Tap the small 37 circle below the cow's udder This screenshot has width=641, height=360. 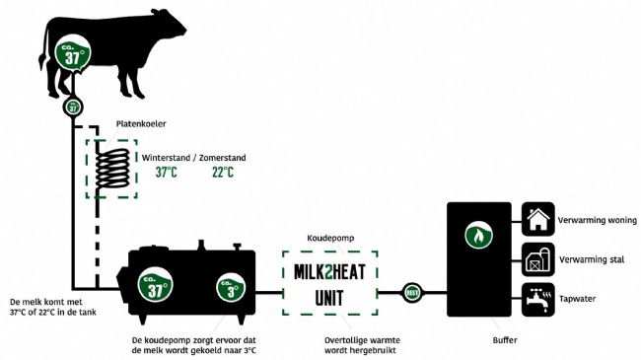click(x=72, y=107)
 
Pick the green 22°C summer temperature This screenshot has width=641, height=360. click(x=223, y=174)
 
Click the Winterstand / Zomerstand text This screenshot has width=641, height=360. click(x=193, y=158)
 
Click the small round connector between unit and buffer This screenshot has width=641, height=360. click(x=411, y=292)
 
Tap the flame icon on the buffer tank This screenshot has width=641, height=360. click(x=480, y=237)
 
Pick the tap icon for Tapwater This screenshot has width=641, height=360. click(x=537, y=297)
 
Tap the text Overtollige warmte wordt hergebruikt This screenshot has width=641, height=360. click(x=332, y=345)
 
